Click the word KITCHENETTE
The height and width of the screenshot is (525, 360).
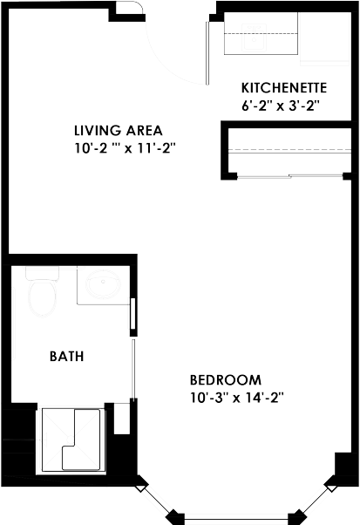pyautogui.click(x=283, y=87)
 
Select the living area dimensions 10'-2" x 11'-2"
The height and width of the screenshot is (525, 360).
pyautogui.click(x=126, y=148)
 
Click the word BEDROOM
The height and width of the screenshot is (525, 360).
pyautogui.click(x=226, y=380)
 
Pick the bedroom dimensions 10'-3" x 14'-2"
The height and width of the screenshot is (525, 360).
pyautogui.click(x=237, y=397)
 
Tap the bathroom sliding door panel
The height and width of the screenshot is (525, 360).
pyautogui.click(x=133, y=375)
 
